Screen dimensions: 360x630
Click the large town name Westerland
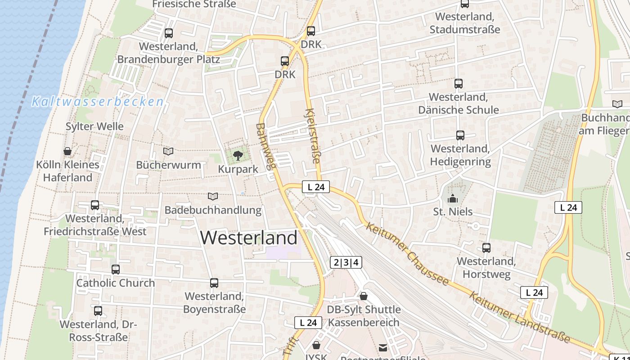(249, 238)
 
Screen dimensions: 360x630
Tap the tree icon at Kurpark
(238, 156)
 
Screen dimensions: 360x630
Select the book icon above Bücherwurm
(168, 152)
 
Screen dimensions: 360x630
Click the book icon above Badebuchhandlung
(213, 196)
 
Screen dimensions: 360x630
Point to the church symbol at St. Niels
(453, 198)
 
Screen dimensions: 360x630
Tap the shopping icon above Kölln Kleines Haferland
(67, 151)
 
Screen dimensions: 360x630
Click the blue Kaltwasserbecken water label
(97, 102)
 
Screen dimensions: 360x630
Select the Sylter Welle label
(94, 126)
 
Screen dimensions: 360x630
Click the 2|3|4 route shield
(346, 262)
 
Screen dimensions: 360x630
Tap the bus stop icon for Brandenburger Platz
(169, 33)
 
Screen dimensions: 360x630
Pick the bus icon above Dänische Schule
(459, 84)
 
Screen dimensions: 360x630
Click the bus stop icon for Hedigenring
(460, 135)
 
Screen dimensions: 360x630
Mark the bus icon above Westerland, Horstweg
(486, 248)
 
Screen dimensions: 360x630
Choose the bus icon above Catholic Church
(116, 270)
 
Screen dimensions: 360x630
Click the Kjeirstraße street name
(313, 135)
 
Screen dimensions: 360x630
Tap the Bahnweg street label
(265, 146)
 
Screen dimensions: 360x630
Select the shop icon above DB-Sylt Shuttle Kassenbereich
(364, 296)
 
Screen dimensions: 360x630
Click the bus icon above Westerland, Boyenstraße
(214, 283)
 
